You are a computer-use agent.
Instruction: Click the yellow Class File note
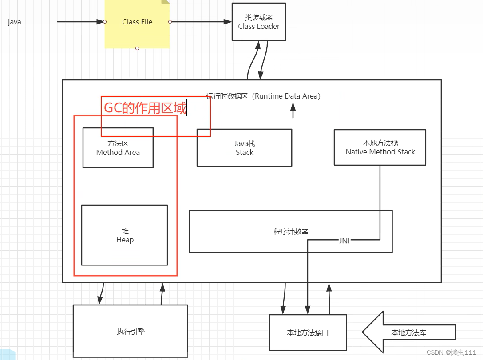click(137, 22)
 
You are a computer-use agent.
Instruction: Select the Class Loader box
click(258, 22)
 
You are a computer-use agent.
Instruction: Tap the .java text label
click(14, 22)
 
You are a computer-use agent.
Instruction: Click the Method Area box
click(118, 148)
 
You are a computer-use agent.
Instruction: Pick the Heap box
click(124, 235)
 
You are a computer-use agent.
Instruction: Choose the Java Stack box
click(244, 148)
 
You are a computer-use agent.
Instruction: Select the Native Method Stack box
click(380, 147)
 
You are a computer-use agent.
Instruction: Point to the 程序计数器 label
click(291, 231)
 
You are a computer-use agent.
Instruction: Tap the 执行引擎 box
click(130, 332)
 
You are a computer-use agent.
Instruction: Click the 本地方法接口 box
click(308, 332)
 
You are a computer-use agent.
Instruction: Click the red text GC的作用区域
click(145, 107)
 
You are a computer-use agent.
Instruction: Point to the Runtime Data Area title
click(263, 96)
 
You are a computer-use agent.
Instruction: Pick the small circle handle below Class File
click(137, 48)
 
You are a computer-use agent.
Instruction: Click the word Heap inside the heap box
click(125, 240)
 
